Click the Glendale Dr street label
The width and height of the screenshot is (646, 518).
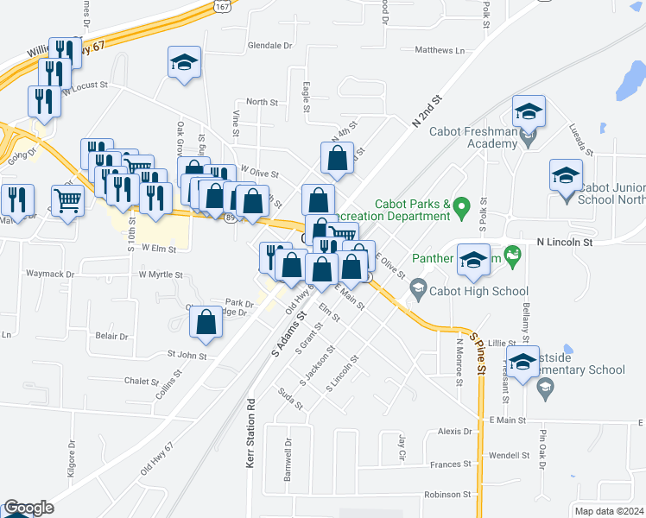tap(270, 45)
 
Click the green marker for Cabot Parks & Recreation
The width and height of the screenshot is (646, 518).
tap(462, 205)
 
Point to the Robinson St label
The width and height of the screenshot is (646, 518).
tap(446, 495)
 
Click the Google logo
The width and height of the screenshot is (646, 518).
tap(28, 508)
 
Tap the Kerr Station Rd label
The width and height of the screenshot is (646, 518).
tap(250, 445)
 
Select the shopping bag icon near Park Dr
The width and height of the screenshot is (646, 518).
tap(206, 324)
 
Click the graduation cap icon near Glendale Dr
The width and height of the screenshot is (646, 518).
tap(184, 63)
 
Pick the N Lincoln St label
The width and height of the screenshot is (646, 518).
tap(565, 243)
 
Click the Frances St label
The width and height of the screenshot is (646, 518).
tap(450, 464)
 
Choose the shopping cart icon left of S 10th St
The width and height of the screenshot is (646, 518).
tap(67, 200)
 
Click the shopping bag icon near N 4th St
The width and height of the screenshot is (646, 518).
tap(337, 159)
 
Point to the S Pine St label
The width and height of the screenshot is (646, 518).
tap(478, 354)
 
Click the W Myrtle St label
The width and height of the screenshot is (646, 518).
tap(161, 275)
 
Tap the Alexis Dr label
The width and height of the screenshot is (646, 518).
tap(456, 431)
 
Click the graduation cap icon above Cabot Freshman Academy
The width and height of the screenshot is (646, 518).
tap(529, 111)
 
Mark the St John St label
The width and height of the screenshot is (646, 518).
tap(187, 355)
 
